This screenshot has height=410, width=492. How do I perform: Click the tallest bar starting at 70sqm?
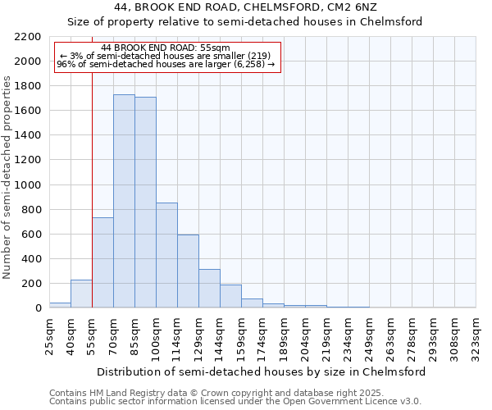tap(124, 201)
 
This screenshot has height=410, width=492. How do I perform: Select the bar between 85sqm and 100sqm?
tap(145, 203)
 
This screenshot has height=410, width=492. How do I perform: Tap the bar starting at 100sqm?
tap(166, 255)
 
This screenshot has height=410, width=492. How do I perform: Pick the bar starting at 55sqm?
tap(102, 262)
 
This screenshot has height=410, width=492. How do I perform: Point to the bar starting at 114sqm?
tap(188, 271)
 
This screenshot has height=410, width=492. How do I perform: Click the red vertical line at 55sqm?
tap(92, 189)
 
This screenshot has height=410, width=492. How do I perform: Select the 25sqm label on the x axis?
tap(49, 334)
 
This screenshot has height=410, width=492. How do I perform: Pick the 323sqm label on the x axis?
tap(476, 336)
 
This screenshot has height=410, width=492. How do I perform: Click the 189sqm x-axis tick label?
tap(284, 336)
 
